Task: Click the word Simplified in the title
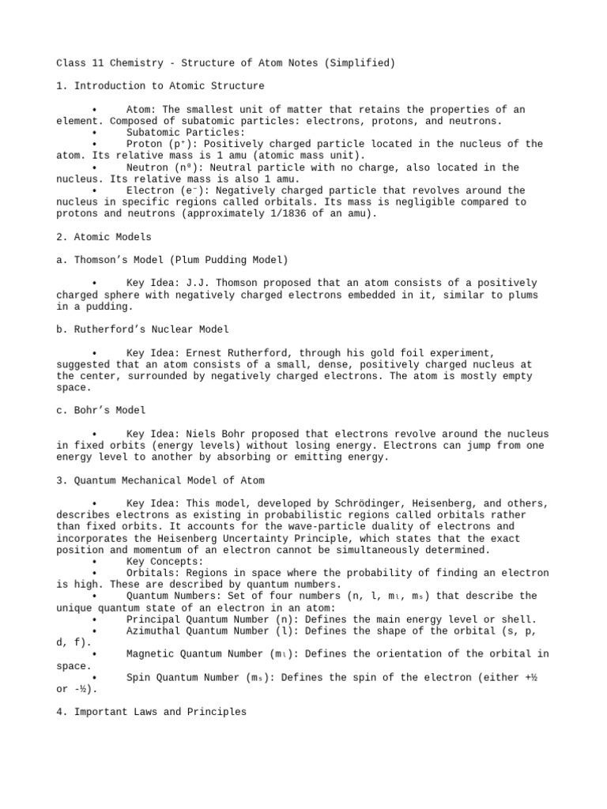(337, 62)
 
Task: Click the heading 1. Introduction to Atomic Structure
(160, 85)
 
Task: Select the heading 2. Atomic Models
(104, 236)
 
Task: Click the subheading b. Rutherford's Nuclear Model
(143, 329)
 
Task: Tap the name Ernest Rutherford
(236, 352)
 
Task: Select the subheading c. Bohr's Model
(101, 410)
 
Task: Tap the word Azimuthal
(155, 630)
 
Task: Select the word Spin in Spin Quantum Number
(138, 677)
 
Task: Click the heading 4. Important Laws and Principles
(152, 712)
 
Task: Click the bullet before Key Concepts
(94, 561)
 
